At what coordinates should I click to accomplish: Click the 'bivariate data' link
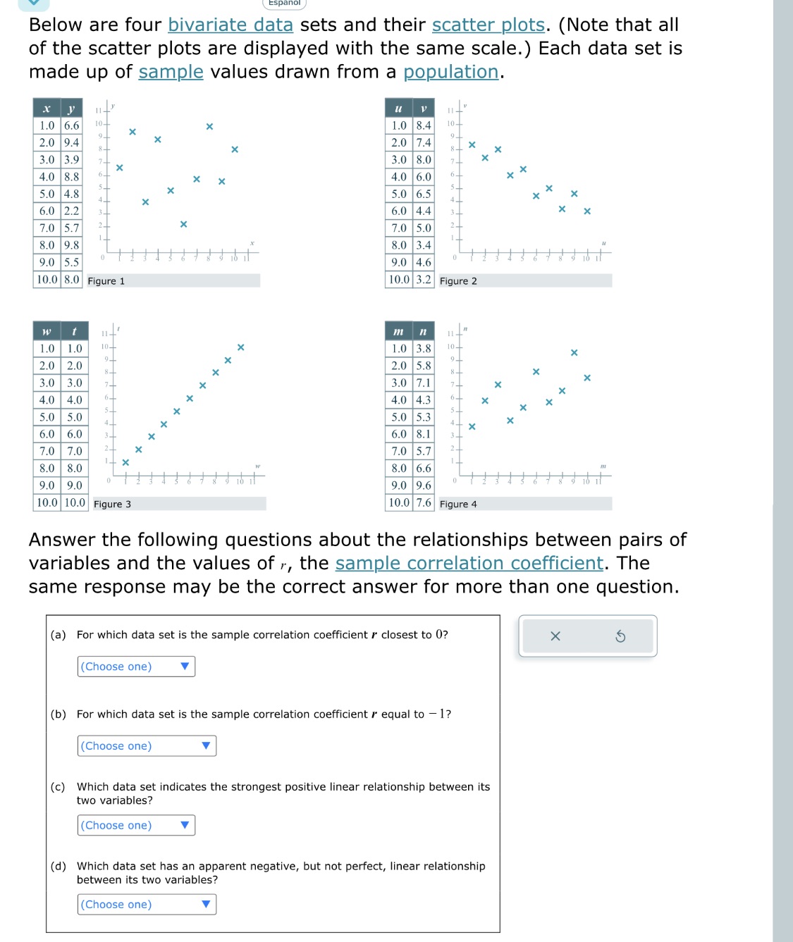230,25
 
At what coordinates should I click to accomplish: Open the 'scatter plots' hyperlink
488,25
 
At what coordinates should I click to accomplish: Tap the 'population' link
450,72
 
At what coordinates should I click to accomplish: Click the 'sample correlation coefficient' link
469,563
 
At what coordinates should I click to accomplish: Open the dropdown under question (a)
136,667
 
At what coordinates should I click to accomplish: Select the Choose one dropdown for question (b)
147,746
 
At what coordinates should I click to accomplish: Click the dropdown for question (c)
136,825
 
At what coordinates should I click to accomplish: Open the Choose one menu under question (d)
147,905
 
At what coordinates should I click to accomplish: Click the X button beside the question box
555,636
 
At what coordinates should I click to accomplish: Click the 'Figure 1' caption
106,281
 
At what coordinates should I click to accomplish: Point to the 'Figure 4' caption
458,504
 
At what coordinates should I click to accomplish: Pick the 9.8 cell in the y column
71,245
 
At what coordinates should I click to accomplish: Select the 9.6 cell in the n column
423,485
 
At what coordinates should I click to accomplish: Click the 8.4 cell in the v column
423,125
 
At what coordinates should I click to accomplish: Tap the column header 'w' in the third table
47,331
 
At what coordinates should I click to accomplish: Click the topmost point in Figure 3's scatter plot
241,347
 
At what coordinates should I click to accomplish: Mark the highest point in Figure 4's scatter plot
574,352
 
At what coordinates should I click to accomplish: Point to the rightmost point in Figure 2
587,211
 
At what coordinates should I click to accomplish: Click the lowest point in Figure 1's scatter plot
183,224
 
